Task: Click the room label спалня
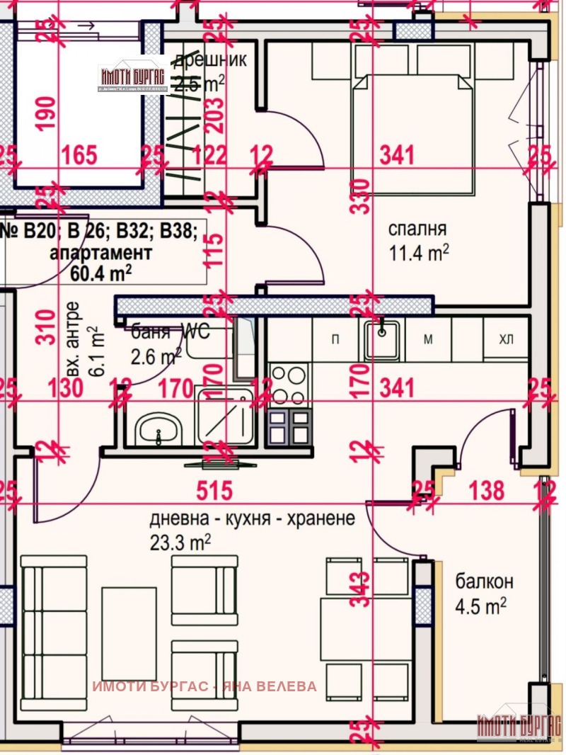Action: pos(417,229)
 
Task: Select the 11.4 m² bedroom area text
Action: pos(420,253)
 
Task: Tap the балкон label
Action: pos(484,582)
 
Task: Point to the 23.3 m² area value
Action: pos(181,542)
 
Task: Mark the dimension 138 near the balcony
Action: pos(487,489)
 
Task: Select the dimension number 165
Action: pos(79,154)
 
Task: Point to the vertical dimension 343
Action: pos(361,590)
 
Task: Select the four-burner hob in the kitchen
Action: pos(289,385)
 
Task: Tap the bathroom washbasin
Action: pos(158,429)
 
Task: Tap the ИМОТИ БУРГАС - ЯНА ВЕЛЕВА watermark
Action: pos(204,686)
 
